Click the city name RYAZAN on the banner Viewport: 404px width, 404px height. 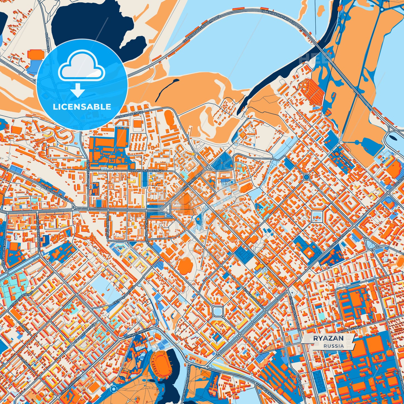pos(328,338)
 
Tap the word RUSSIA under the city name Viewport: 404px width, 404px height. pos(334,346)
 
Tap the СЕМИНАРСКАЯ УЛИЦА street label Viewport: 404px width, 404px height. pos(144,170)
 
